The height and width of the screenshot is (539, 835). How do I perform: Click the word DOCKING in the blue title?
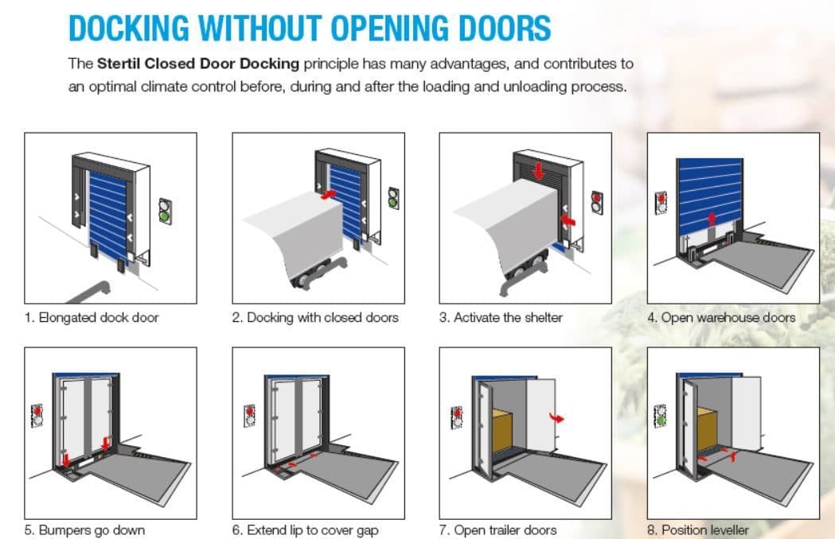(129, 28)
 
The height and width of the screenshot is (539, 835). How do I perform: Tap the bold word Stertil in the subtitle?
(119, 64)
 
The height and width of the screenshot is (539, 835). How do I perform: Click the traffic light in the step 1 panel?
(165, 211)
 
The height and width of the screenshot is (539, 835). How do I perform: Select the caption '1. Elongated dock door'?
(92, 318)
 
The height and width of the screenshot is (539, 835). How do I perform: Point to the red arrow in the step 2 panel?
(329, 194)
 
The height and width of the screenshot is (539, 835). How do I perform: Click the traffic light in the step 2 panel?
(393, 198)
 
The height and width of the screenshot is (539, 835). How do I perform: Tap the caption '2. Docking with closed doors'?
(315, 318)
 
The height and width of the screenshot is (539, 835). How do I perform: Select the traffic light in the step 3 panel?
(597, 203)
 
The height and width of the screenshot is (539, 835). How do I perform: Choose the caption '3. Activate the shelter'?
(501, 318)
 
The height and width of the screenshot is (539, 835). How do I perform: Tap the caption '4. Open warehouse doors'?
(722, 318)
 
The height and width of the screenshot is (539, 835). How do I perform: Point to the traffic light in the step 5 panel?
(37, 416)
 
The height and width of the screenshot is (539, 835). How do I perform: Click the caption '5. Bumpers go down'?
(84, 530)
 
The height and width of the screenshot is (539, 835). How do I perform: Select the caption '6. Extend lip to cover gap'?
(305, 530)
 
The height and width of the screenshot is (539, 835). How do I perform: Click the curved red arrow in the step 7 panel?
(556, 417)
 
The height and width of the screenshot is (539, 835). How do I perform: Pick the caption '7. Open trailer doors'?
(498, 530)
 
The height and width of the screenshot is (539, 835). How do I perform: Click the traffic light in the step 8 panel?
(661, 416)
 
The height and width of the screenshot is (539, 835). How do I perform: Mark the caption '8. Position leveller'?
(698, 530)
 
